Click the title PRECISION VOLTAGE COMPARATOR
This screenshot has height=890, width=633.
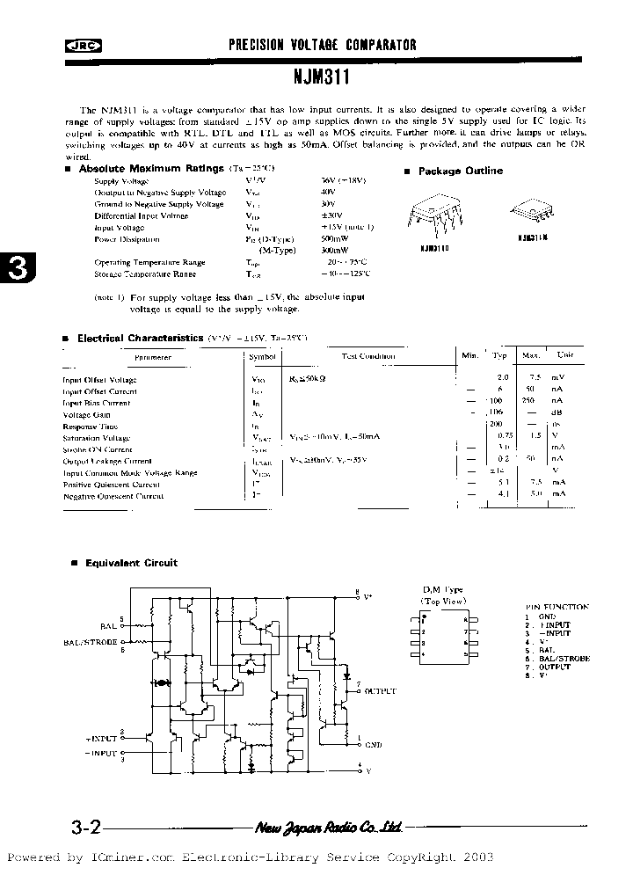click(x=323, y=45)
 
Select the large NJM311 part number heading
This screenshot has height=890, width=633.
click(x=323, y=77)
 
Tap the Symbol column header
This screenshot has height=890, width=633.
click(x=263, y=356)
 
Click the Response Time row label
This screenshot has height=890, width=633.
click(x=90, y=427)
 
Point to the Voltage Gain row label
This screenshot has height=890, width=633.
click(x=86, y=414)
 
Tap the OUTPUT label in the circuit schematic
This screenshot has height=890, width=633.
click(x=377, y=691)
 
